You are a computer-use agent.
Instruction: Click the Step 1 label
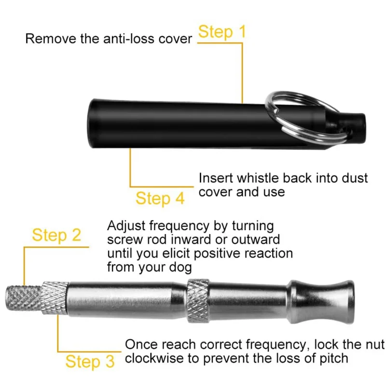(x=222, y=32)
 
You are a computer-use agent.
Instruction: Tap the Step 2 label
(x=56, y=235)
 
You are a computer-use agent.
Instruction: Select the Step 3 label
(x=90, y=361)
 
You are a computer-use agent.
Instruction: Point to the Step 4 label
(x=160, y=198)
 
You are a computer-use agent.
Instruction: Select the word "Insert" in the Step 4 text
(x=215, y=178)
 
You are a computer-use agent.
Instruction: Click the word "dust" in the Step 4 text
(x=354, y=178)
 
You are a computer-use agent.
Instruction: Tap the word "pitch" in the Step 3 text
(x=333, y=358)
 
